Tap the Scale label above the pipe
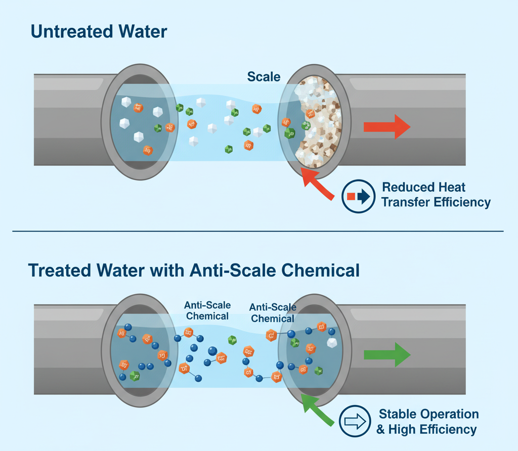click(x=264, y=77)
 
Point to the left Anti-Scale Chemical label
click(x=207, y=310)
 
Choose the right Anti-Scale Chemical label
click(x=273, y=313)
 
